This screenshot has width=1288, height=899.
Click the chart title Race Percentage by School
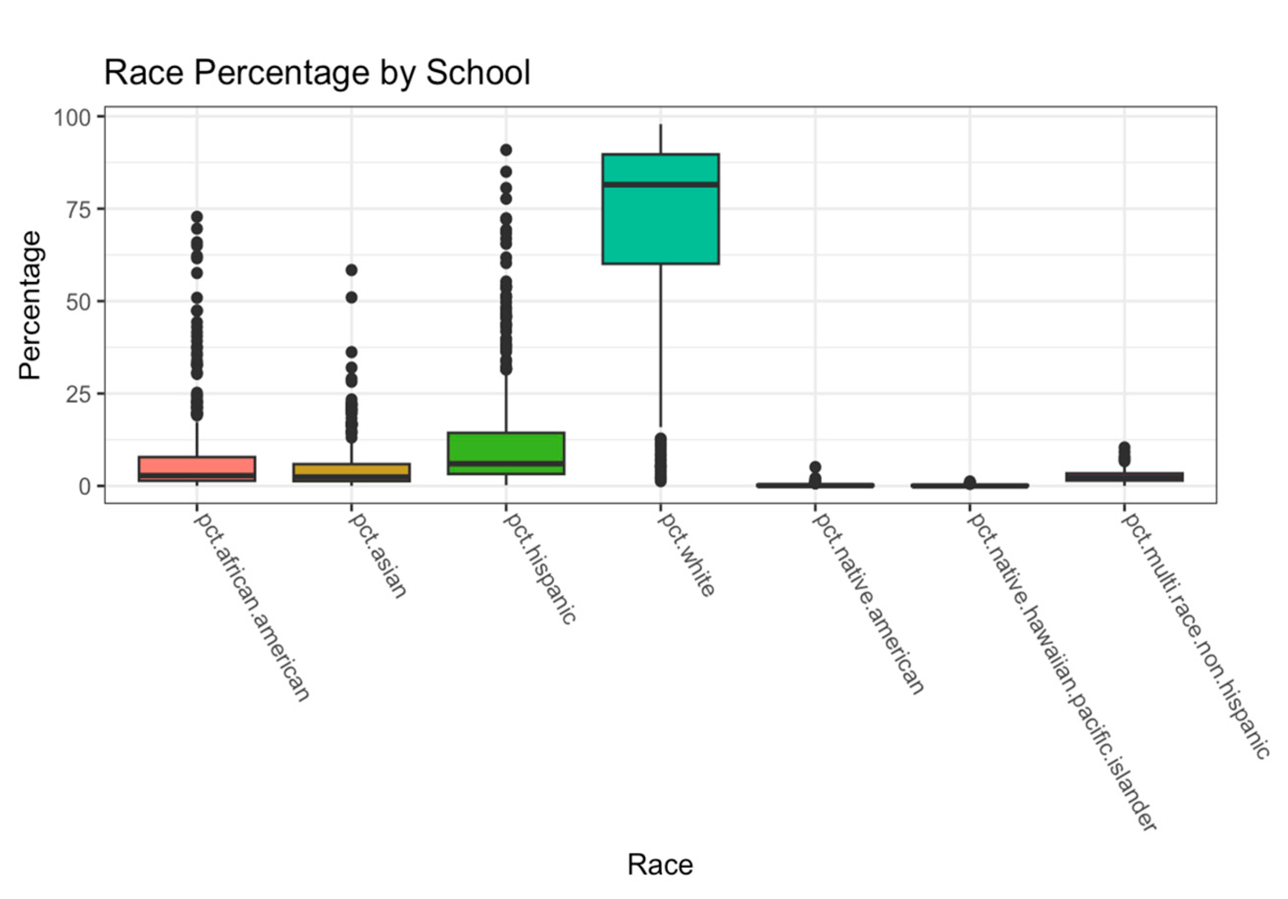coord(317,73)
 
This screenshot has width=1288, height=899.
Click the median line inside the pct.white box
coord(660,184)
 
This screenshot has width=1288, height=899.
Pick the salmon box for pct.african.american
coord(197,465)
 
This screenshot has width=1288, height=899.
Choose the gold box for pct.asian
coord(351,469)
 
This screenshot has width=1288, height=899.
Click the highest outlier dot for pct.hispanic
coord(506,150)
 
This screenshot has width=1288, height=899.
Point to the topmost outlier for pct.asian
coord(352,270)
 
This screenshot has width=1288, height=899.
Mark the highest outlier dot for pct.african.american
coord(197,216)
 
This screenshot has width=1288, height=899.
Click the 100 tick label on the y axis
coord(71,117)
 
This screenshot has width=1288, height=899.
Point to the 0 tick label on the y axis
coord(84,487)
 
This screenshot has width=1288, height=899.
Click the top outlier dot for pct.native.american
coord(815,467)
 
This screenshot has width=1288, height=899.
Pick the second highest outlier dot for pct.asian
coord(352,297)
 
